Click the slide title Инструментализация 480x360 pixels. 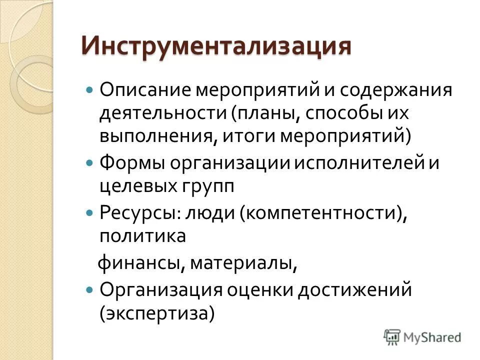click(216, 46)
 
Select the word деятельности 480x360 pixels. click(162, 113)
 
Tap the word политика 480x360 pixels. click(142, 235)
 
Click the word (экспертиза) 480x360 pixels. click(157, 313)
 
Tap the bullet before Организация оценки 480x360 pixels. click(89, 289)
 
